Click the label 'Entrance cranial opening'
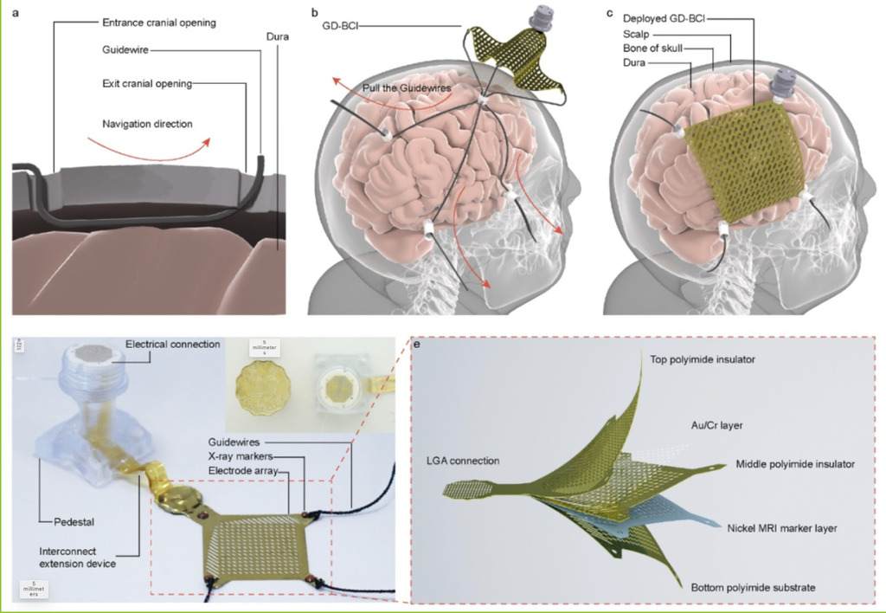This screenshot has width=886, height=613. point(158,22)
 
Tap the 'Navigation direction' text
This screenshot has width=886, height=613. point(147,124)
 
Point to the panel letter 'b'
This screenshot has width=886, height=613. point(315,13)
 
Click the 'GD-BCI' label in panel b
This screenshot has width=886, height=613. point(342,27)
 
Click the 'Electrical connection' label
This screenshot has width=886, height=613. point(172,345)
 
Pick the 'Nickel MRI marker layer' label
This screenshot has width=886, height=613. point(781,527)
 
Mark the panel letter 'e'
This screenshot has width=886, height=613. point(418,345)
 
